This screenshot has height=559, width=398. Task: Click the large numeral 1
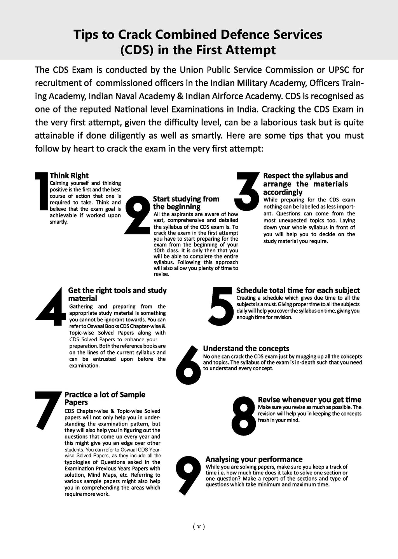pyautogui.click(x=42, y=192)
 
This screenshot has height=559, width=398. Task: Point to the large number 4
pyautogui.click(x=53, y=307)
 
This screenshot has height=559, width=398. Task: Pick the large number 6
pyautogui.click(x=188, y=362)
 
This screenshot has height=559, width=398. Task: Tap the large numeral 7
pyautogui.click(x=47, y=410)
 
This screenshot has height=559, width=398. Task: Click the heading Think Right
pyautogui.click(x=69, y=176)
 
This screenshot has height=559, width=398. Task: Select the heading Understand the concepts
pyautogui.click(x=246, y=349)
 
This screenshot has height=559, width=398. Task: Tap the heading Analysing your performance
pyautogui.click(x=254, y=459)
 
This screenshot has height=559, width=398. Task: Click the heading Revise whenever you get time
pyautogui.click(x=309, y=400)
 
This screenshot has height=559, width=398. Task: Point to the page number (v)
pyautogui.click(x=199, y=527)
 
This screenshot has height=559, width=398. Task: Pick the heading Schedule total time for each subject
pyautogui.click(x=298, y=290)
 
